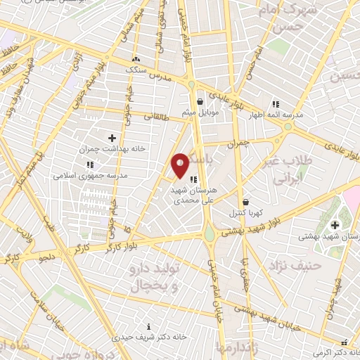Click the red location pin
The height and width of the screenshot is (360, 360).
point(180,165)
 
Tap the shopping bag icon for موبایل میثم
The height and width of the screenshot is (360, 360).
point(200,101)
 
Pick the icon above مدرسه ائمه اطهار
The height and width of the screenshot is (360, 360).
point(276,103)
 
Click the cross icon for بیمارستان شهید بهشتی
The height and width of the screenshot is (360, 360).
point(335,225)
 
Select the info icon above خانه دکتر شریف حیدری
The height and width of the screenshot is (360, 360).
point(148,326)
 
